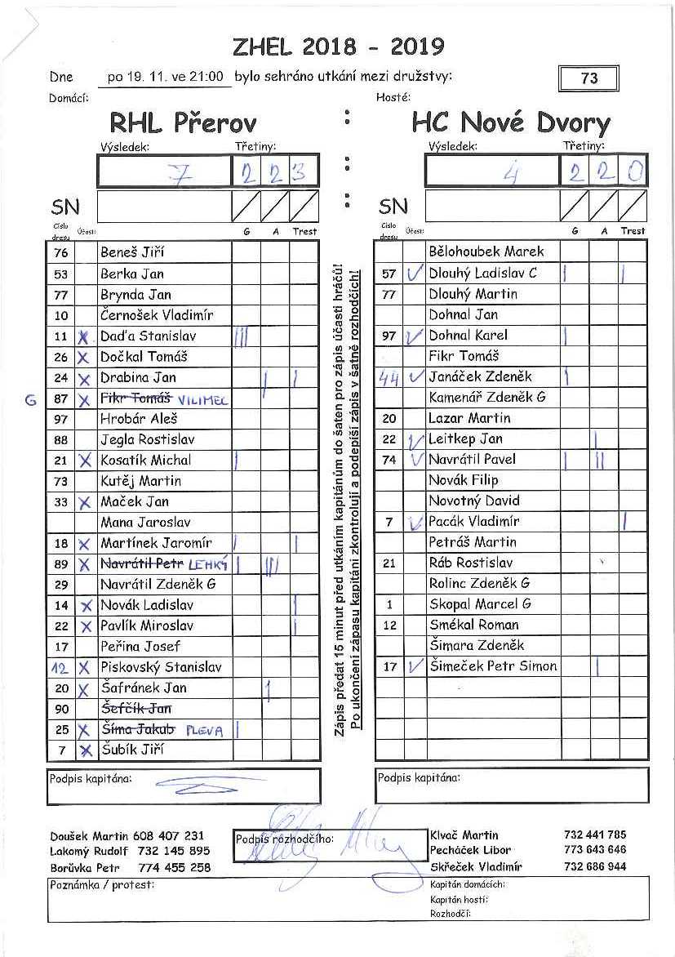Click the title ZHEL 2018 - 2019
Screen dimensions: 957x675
pyautogui.click(x=338, y=47)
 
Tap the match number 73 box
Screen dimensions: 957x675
pyautogui.click(x=588, y=78)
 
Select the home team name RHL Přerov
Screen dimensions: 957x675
pyautogui.click(x=183, y=123)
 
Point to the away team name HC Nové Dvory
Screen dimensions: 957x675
pyautogui.click(x=511, y=123)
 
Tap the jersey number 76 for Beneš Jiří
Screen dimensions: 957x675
pyautogui.click(x=61, y=253)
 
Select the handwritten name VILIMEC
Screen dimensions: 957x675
pyautogui.click(x=204, y=399)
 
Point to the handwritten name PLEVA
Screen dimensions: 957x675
pyautogui.click(x=204, y=730)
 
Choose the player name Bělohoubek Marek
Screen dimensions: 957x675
pyautogui.click(x=486, y=251)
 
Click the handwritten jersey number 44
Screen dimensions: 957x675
pyautogui.click(x=389, y=377)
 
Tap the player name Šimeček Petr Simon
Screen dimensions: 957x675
pyautogui.click(x=493, y=666)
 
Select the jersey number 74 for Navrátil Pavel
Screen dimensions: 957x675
pyautogui.click(x=389, y=460)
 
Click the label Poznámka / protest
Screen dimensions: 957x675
pyautogui.click(x=102, y=884)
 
